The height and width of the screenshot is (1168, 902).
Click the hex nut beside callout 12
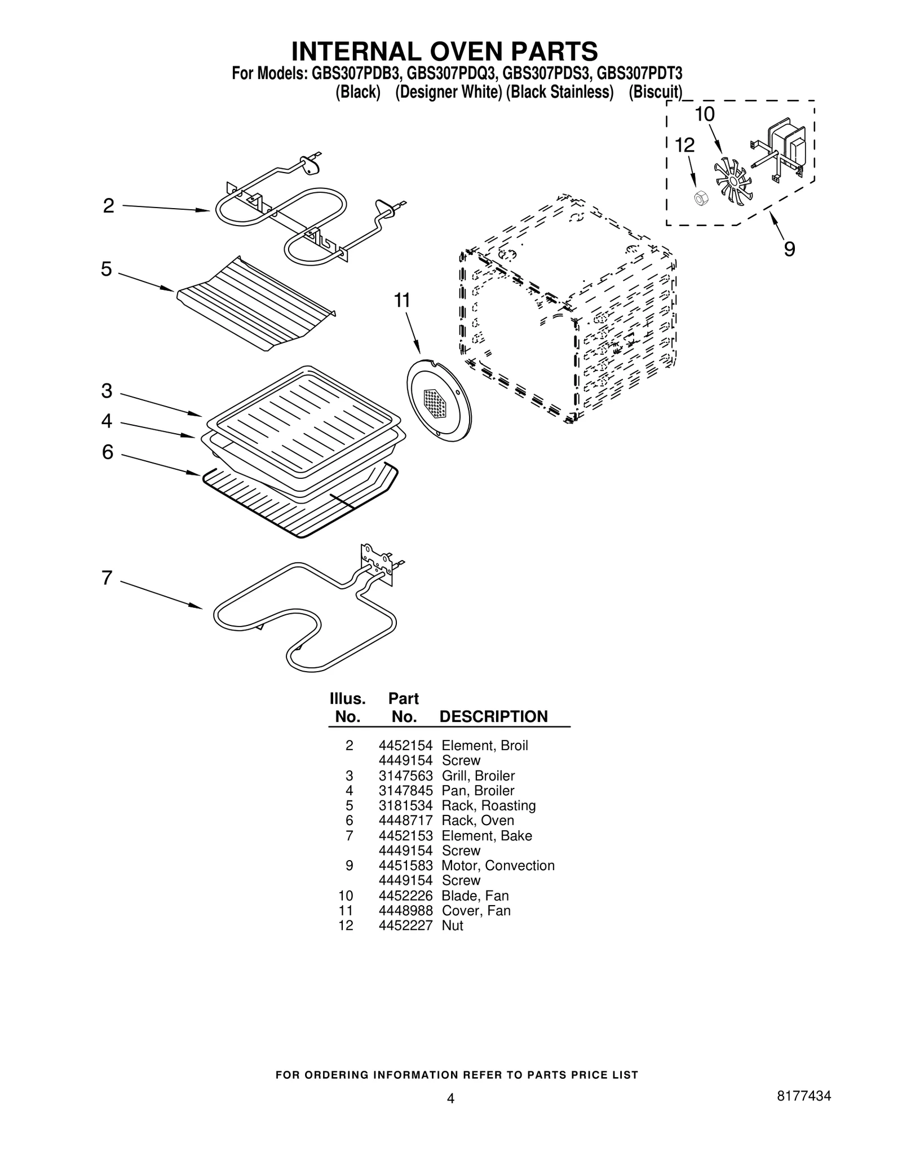[700, 198]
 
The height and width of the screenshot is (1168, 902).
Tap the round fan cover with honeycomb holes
[439, 402]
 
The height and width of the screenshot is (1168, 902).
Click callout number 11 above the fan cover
[402, 301]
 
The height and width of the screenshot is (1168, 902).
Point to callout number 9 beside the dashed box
[789, 249]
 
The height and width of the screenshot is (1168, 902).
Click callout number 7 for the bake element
[107, 578]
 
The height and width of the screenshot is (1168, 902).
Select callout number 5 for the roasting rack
[107, 269]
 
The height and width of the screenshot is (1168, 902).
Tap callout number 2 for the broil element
[108, 206]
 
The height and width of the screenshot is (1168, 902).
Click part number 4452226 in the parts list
[405, 896]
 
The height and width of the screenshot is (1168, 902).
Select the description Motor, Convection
[498, 865]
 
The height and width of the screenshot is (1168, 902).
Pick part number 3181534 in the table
[405, 805]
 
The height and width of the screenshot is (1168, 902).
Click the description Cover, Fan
[476, 910]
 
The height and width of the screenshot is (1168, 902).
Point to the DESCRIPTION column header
[493, 716]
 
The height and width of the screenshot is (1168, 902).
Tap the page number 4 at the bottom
[450, 1098]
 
